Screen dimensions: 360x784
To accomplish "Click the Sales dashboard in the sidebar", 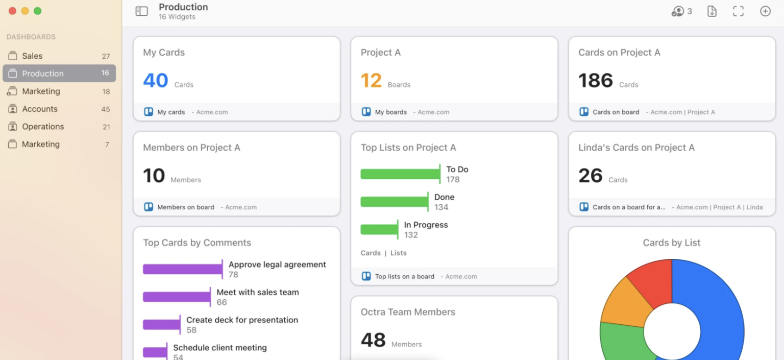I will point(32,56).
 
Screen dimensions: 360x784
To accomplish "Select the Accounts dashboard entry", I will point(39,109).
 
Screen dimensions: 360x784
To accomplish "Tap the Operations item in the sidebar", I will point(43,127).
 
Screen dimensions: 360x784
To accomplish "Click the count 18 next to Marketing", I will point(106,92).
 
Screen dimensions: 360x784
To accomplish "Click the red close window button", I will point(12,11).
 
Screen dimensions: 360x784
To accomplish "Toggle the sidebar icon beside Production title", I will point(141,11).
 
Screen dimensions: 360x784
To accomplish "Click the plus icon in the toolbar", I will point(765,11).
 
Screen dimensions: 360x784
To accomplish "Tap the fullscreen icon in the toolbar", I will point(738,11).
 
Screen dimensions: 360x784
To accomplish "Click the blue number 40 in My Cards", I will point(156,81).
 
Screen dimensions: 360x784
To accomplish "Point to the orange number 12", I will point(371,81).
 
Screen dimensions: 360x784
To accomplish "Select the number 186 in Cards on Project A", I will point(596,81).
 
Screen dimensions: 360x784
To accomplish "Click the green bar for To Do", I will point(400,174).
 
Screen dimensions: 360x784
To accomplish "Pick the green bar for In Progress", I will point(379,230).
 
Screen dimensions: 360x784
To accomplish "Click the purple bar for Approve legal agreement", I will point(182,269).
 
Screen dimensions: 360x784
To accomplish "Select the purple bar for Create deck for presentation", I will point(161,325).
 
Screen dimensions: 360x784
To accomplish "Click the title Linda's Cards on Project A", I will point(636,148).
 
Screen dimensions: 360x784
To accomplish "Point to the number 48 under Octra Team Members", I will point(373,340).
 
